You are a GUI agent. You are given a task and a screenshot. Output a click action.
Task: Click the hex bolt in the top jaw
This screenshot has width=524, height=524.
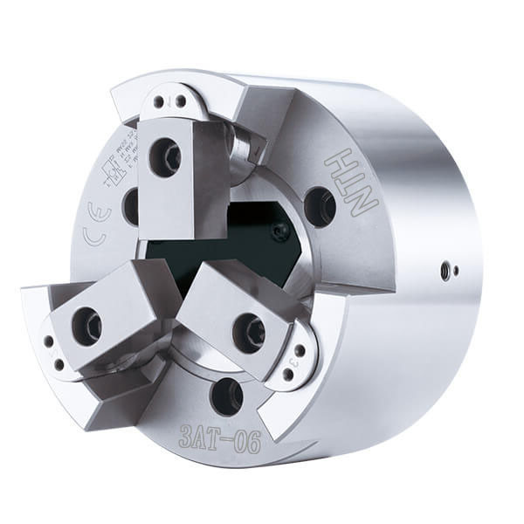pyautogui.click(x=165, y=157)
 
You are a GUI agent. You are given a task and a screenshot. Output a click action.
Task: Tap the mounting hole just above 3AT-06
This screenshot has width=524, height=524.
pyautogui.click(x=226, y=396)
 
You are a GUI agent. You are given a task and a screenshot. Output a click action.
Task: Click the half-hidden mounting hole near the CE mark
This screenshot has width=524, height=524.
pyautogui.click(x=131, y=206)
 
